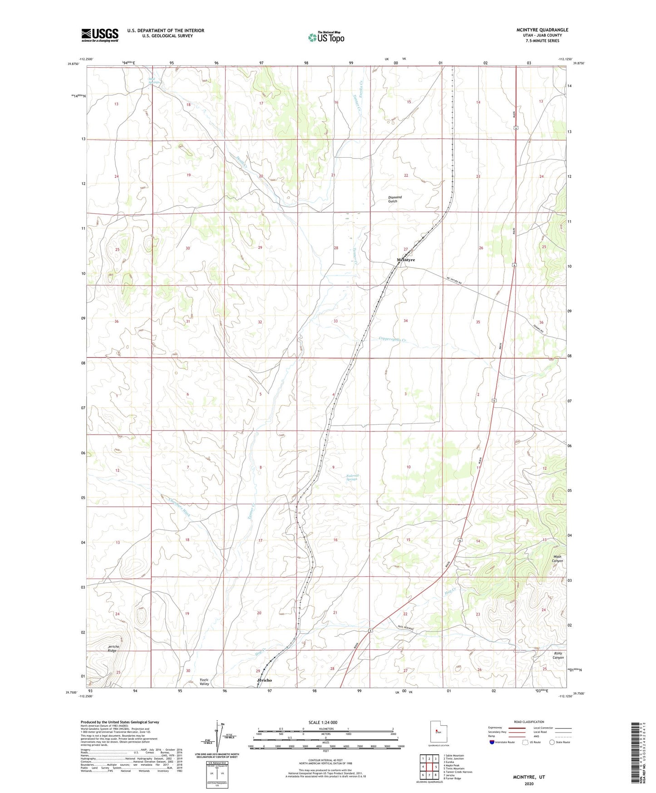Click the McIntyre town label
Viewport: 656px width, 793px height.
405,260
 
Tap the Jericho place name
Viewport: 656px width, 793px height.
264,680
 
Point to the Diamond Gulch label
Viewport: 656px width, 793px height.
395,199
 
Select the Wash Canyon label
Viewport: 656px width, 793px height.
557,559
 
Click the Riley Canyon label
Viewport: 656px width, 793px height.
558,655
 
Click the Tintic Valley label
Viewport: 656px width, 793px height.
204,681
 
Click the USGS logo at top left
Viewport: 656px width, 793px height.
100,35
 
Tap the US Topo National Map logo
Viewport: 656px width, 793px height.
326,37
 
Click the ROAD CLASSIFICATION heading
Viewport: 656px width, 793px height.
528,722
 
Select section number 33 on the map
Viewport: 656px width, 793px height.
335,321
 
